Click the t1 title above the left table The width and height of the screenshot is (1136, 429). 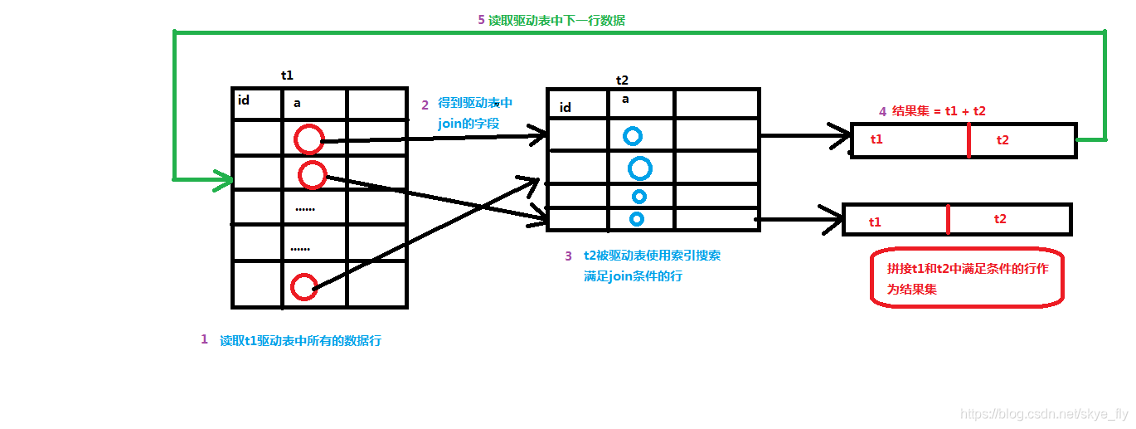pos(287,75)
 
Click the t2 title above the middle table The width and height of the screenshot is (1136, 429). pos(622,80)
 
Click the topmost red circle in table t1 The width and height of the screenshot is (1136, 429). pos(308,139)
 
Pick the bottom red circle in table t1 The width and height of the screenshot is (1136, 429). pos(304,287)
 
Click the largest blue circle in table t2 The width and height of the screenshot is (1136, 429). pos(639,168)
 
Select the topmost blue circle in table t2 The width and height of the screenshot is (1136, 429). pos(633,136)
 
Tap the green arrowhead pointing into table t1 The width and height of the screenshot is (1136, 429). pos(224,179)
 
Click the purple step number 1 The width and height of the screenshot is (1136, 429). pos(204,339)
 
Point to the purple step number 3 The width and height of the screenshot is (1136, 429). pos(568,256)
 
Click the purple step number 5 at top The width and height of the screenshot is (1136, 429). pos(481,20)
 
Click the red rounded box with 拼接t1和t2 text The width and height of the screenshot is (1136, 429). pos(967,278)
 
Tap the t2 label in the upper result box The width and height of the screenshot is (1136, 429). pos(1002,139)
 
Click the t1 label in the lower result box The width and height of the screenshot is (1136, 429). pos(875,222)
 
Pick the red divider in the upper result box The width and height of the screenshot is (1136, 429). pos(968,140)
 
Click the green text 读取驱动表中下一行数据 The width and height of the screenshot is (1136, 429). pos(556,21)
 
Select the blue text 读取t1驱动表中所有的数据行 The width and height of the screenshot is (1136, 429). pos(300,340)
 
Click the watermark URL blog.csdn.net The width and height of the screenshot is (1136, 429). pos(1043,413)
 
